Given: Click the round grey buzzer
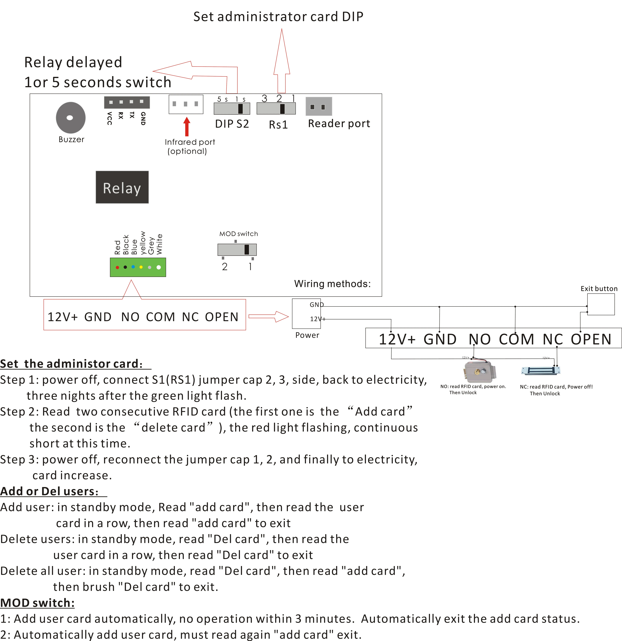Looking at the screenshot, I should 71,118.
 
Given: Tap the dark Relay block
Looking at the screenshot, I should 122,187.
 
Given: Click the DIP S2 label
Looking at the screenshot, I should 232,124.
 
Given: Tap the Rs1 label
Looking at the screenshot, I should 278,125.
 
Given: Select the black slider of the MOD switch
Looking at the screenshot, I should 247,249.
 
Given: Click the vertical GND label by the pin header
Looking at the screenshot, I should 143,118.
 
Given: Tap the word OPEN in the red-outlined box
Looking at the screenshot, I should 222,317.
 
